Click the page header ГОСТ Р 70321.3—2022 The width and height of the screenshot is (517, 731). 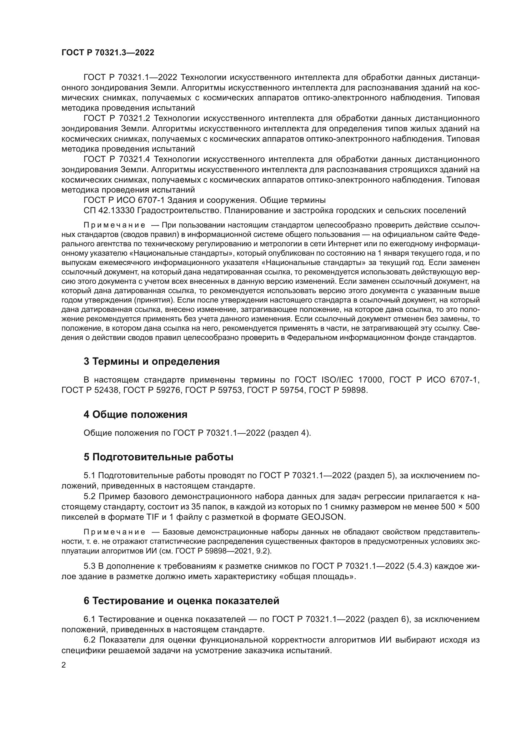click(108, 53)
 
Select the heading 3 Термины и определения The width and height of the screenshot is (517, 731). click(152, 361)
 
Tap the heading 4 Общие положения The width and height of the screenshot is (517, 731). click(135, 414)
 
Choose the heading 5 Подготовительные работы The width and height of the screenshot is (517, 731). click(158, 457)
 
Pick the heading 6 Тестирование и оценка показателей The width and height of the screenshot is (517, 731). click(181, 601)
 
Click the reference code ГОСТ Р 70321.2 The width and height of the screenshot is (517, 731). click(117, 118)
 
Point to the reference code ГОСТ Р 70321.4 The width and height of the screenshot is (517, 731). click(117, 159)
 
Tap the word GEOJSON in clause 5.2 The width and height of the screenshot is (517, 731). click(323, 517)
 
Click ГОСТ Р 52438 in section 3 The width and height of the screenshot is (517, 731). click(90, 390)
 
